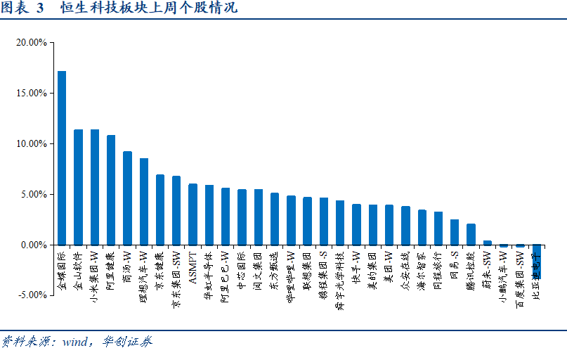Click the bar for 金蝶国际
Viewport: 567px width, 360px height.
62,158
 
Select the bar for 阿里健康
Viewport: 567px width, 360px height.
111,190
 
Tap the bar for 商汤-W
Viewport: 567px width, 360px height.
127,198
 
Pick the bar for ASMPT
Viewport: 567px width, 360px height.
193,214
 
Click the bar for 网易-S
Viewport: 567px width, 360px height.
455,233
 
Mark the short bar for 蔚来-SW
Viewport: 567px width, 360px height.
487,243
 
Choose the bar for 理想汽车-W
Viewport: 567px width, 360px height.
143,202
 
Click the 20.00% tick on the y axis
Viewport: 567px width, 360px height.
31,42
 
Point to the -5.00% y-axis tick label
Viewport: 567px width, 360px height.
31,295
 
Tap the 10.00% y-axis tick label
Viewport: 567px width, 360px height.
31,143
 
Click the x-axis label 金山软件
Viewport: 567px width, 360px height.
78,266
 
